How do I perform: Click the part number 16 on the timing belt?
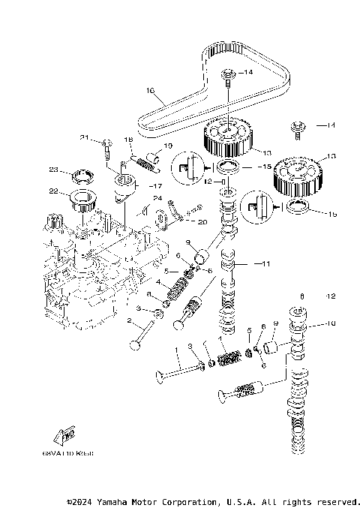point(150,92)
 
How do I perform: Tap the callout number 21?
point(85,138)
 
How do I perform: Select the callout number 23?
point(54,169)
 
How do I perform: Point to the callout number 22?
point(54,191)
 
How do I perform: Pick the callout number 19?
point(168,146)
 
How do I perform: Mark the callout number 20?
point(202,221)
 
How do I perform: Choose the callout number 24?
point(157,199)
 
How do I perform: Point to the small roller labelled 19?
point(154,158)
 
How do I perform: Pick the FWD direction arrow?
point(63,436)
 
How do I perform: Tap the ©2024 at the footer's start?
point(80,501)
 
